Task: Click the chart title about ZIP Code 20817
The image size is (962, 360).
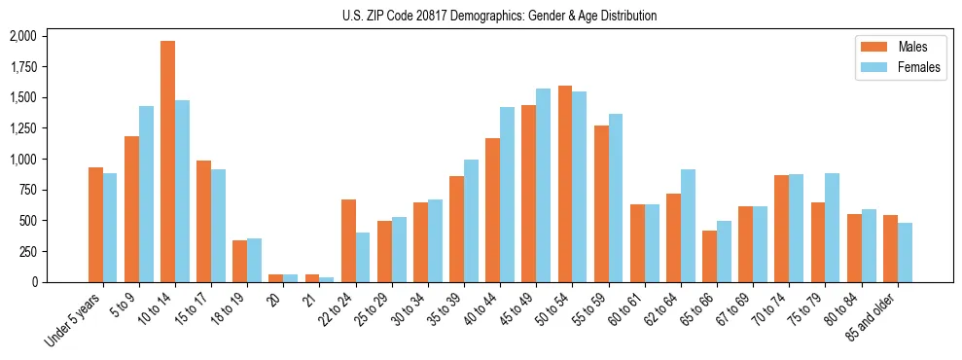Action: click(x=499, y=16)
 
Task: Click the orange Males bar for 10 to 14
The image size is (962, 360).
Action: click(x=167, y=162)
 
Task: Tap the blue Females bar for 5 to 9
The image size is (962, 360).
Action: click(x=146, y=194)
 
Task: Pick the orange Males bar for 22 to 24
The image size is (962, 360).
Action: click(x=348, y=240)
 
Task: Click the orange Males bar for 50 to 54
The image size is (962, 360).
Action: click(x=565, y=184)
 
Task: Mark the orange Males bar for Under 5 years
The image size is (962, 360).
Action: click(x=95, y=225)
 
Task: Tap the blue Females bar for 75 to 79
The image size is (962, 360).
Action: click(x=832, y=228)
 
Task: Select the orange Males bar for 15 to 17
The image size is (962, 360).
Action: click(x=203, y=221)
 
